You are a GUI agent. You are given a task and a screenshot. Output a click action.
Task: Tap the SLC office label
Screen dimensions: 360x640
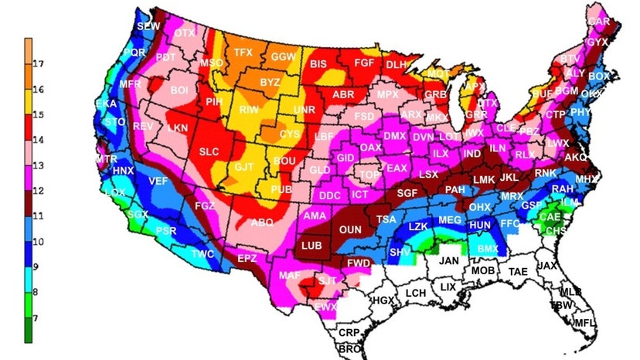click(209, 152)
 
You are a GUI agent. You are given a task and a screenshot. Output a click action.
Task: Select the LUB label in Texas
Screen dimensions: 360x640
click(311, 245)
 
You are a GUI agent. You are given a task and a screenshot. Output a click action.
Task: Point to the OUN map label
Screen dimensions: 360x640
click(351, 229)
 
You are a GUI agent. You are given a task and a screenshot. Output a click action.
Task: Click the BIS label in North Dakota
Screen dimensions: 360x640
click(318, 64)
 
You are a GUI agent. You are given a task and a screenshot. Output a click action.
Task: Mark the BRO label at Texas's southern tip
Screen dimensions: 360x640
click(350, 349)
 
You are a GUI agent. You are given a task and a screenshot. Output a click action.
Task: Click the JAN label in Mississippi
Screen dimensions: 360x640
click(449, 261)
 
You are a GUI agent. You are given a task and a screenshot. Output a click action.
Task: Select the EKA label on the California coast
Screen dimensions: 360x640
click(105, 104)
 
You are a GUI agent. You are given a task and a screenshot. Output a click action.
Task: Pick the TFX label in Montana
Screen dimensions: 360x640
click(243, 53)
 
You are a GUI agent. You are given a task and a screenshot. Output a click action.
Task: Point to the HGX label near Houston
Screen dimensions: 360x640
click(383, 300)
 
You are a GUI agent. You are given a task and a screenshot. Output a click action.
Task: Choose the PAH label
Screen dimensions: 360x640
click(454, 189)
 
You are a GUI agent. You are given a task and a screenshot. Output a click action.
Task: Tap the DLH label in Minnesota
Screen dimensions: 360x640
click(396, 65)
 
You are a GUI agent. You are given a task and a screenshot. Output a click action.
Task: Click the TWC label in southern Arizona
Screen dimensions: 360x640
click(203, 254)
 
